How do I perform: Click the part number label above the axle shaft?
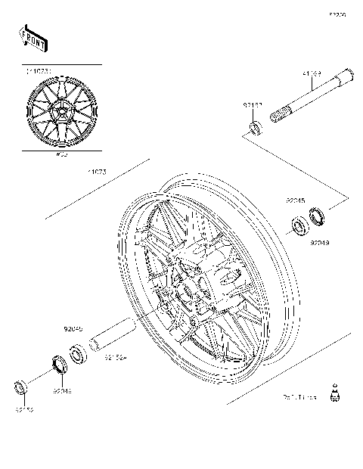[x=312, y=74]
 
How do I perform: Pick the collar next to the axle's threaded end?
[x=255, y=124]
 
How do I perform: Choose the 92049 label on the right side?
[x=318, y=244]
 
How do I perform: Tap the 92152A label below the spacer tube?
[x=115, y=357]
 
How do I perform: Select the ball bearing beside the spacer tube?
[x=77, y=353]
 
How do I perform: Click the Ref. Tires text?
[x=299, y=396]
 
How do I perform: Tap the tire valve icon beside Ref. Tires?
[x=332, y=394]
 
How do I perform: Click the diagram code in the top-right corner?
[x=337, y=14]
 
